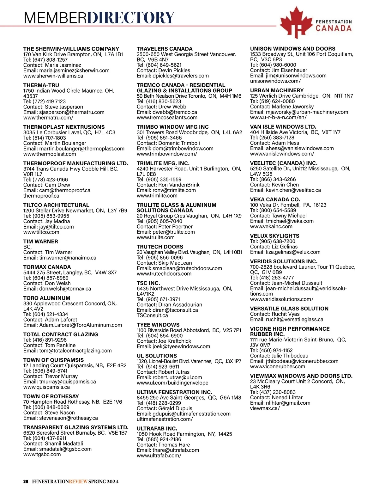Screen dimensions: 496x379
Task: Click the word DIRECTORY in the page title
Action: click(x=130, y=18)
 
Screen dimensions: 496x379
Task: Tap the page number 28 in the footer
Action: click(x=26, y=481)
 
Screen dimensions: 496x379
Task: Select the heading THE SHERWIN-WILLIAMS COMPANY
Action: click(x=71, y=49)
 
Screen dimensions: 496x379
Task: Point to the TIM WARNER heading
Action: click(x=40, y=242)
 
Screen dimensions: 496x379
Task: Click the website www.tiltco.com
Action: click(x=41, y=232)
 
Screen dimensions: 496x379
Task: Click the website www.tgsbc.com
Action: click(x=42, y=454)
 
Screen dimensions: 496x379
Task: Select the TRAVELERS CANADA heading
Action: click(x=164, y=49)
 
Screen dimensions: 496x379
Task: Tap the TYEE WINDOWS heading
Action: click(x=158, y=325)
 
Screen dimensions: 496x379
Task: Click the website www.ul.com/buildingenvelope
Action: click(x=172, y=383)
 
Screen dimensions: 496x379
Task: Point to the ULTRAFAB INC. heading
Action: click(x=157, y=429)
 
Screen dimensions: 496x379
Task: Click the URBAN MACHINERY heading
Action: click(x=277, y=90)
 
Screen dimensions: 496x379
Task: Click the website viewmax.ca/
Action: click(x=265, y=408)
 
